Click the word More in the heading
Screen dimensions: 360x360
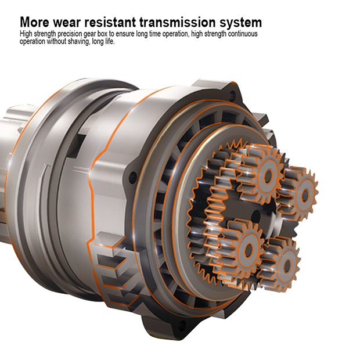[34, 22]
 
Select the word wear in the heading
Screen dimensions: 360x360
[67, 23]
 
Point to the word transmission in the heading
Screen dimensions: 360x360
[178, 22]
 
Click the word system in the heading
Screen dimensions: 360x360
[240, 23]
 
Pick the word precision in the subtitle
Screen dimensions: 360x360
[70, 34]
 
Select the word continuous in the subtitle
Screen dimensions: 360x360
[243, 34]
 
